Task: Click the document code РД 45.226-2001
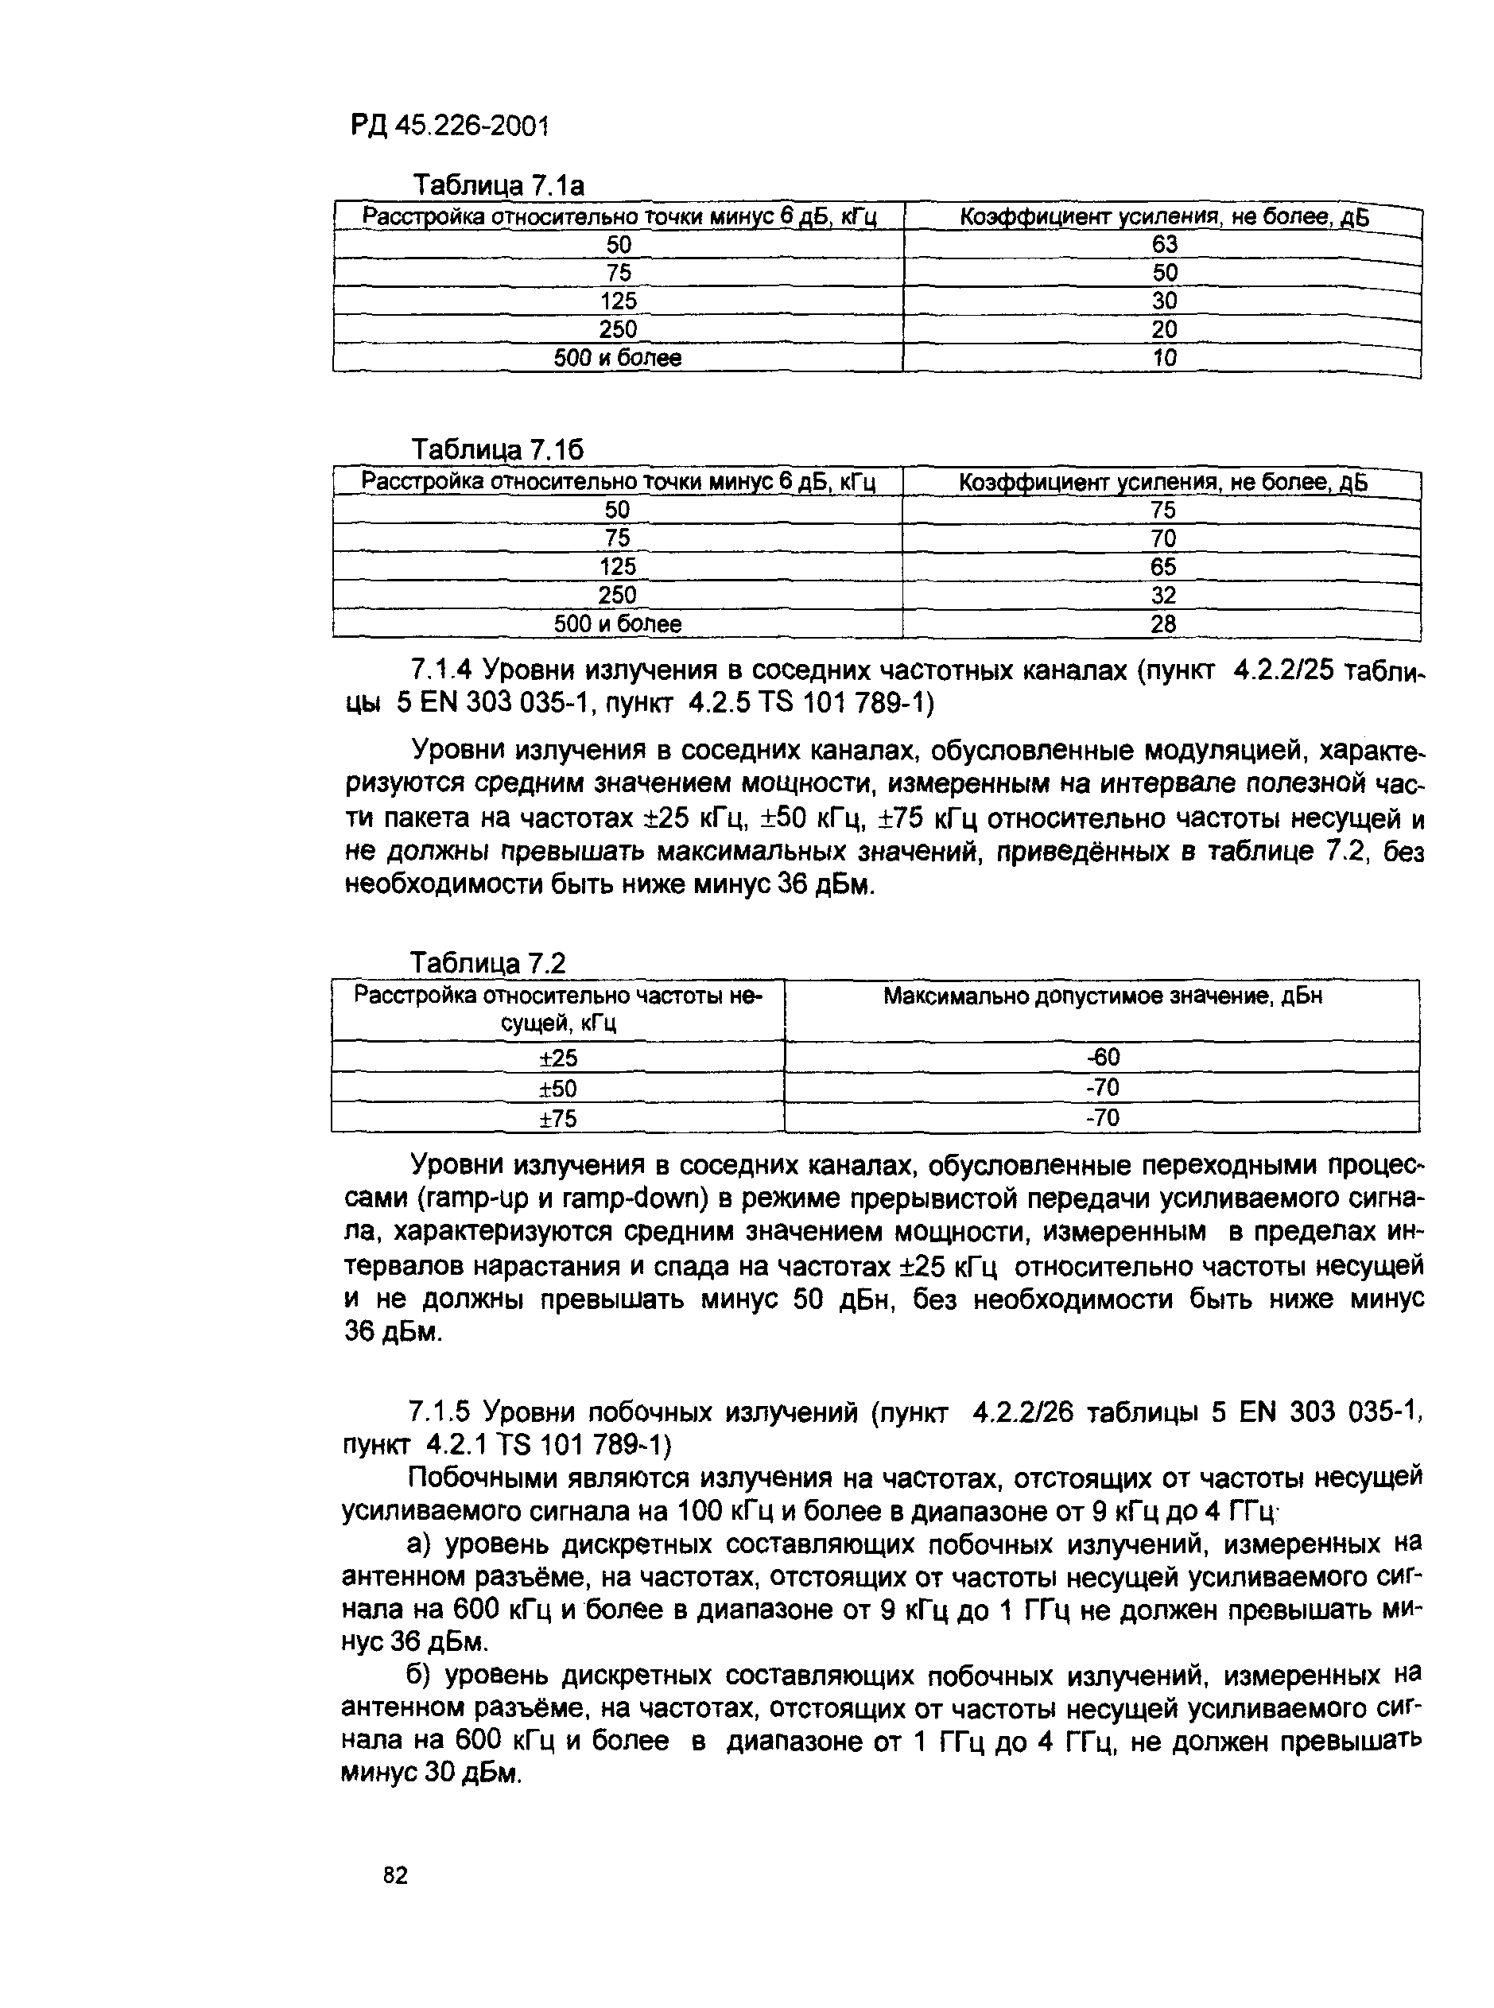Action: tap(449, 126)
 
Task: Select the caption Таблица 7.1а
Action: tap(499, 185)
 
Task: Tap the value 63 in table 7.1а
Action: tap(1164, 244)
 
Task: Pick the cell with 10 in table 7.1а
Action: tap(1164, 358)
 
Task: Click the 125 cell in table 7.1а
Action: tap(619, 301)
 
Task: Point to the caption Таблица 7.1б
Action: tap(498, 449)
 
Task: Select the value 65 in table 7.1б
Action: tap(1163, 567)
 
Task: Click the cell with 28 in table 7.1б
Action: tap(1163, 624)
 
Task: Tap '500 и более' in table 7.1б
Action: tap(617, 624)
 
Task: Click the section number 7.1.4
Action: tap(440, 670)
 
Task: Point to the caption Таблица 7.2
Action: tap(488, 963)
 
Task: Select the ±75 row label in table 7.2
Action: tap(558, 1119)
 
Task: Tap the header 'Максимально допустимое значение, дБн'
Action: tap(1103, 996)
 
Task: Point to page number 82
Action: tap(395, 1876)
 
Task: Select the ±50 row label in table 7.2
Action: tap(558, 1088)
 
